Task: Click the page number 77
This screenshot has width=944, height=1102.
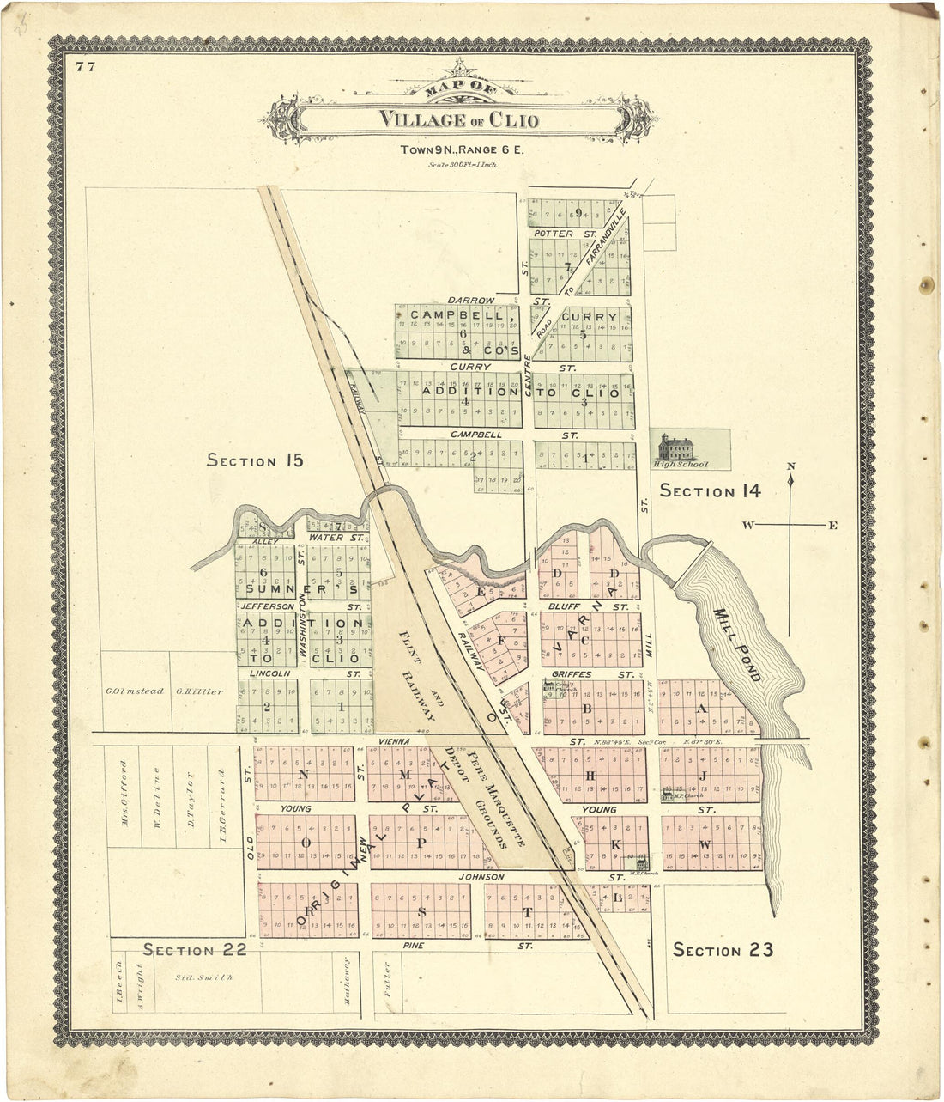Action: click(84, 68)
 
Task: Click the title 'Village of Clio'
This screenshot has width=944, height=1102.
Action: click(459, 119)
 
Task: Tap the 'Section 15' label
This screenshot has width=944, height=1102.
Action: click(255, 461)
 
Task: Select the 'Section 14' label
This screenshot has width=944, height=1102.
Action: click(710, 491)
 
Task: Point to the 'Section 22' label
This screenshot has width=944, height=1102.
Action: click(195, 949)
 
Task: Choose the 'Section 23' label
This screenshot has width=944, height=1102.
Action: click(723, 949)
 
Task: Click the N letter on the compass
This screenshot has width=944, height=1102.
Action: click(791, 467)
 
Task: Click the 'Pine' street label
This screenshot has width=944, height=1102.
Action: click(414, 945)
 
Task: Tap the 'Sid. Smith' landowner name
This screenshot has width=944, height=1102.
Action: click(203, 977)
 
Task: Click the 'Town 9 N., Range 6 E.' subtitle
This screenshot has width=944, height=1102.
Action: click(461, 149)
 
